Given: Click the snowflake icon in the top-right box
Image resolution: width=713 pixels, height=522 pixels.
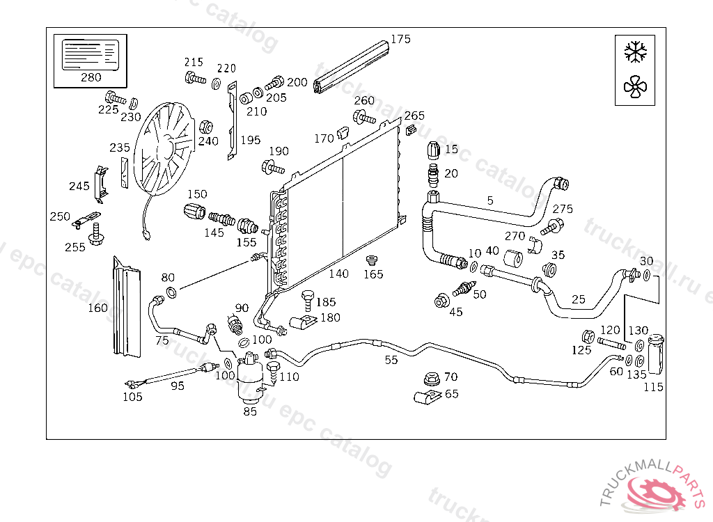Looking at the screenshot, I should (x=636, y=52).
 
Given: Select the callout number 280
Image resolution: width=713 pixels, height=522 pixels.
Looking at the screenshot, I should (x=91, y=77).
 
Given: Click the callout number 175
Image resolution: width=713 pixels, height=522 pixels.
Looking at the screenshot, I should (x=400, y=39).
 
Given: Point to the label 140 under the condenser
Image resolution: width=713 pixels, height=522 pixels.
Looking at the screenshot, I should (x=338, y=274).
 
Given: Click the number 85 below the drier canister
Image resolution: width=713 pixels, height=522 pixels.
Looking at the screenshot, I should (x=250, y=411).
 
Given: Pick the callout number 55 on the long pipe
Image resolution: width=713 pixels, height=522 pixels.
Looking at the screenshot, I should (x=391, y=360).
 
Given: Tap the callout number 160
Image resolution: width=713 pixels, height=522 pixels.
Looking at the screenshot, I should (x=98, y=308).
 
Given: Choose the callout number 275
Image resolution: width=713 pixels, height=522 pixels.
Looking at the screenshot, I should (x=563, y=209).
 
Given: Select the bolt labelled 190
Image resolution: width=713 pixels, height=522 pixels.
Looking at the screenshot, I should (x=272, y=167).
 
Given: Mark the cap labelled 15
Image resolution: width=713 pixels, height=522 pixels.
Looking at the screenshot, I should (x=432, y=150).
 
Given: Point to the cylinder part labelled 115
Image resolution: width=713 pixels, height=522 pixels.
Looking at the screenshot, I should (x=655, y=355).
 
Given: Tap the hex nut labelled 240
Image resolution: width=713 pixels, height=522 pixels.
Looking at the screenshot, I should (x=205, y=127).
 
